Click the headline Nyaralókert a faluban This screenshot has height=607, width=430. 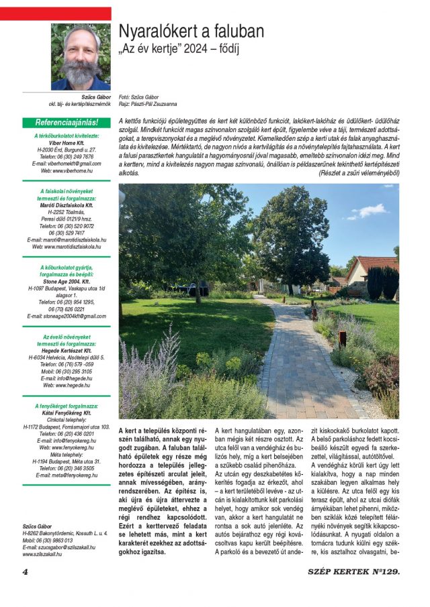(x=191, y=31)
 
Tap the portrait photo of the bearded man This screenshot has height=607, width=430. (x=81, y=56)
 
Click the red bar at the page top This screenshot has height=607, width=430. (x=56, y=13)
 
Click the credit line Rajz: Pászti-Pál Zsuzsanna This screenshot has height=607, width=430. (x=148, y=105)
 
